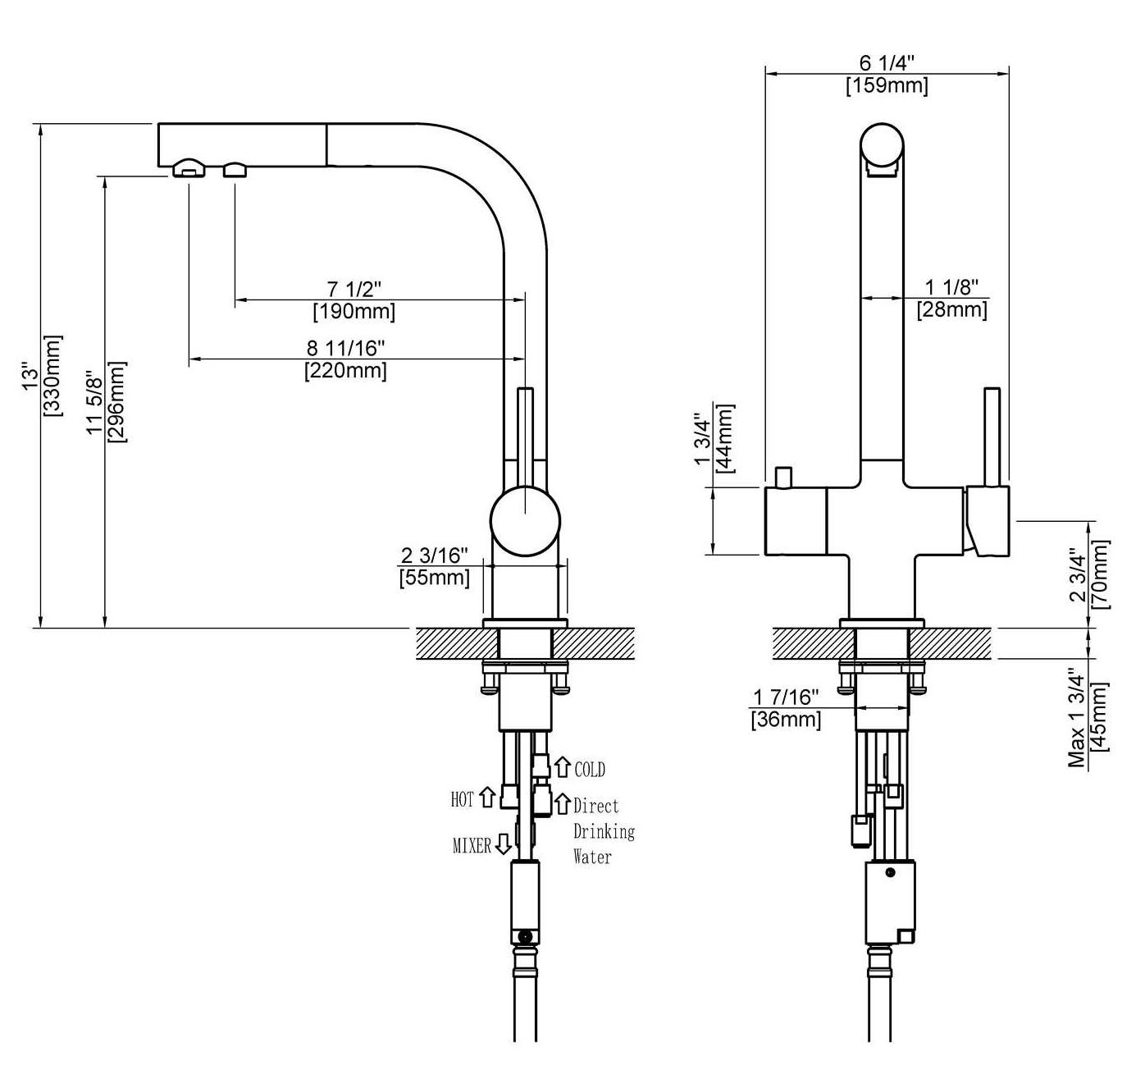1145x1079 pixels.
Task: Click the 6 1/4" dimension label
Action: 887,62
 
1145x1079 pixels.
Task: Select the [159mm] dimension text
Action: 887,85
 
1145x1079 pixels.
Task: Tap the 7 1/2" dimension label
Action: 354,289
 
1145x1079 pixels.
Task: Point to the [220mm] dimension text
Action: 345,370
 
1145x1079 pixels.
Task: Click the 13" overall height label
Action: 30,376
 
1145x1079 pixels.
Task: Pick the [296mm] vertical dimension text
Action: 116,402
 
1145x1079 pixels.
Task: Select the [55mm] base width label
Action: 434,577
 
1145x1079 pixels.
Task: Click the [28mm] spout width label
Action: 952,309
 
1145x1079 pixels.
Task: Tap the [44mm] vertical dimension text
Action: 725,438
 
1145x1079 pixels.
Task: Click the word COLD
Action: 590,769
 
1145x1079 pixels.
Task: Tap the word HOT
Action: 462,799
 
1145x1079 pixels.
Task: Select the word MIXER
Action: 472,846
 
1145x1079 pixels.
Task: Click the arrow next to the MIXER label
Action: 504,844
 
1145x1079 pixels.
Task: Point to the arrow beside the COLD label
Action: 563,767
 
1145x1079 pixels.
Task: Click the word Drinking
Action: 604,831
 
